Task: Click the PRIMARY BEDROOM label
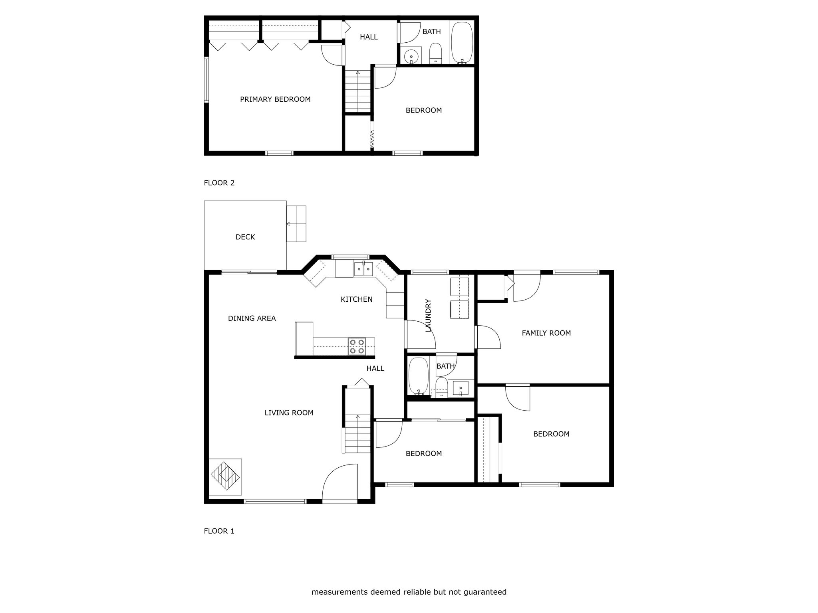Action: tap(275, 99)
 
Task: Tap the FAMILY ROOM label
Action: tap(546, 333)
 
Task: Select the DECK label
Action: tap(245, 237)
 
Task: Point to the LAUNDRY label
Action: tap(429, 315)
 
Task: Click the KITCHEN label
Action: tap(357, 299)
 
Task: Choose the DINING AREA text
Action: tap(252, 318)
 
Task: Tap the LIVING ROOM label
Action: tap(289, 413)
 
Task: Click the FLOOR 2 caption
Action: tap(219, 183)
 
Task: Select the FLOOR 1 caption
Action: tap(219, 531)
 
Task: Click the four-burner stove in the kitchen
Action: tap(357, 346)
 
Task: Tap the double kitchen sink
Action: tap(363, 269)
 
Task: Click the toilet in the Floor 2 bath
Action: tap(435, 54)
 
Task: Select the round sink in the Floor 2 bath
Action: tap(411, 56)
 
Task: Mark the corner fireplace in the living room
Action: tap(225, 477)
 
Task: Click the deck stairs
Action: tap(296, 224)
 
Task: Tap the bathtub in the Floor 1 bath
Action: tap(419, 376)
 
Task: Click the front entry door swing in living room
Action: tap(340, 482)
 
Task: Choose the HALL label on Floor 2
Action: tap(369, 37)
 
